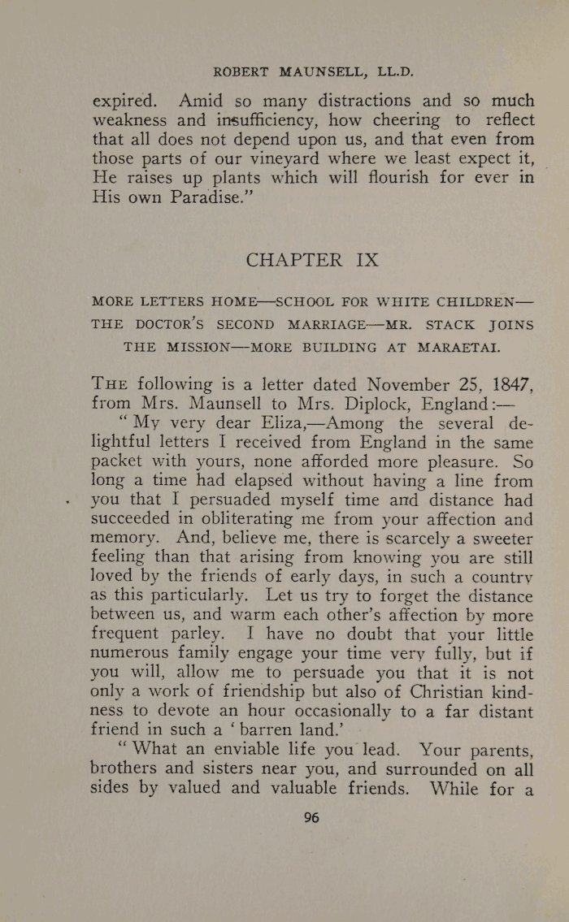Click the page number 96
coord(311,818)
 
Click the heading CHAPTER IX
coord(312,260)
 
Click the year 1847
coord(506,384)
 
